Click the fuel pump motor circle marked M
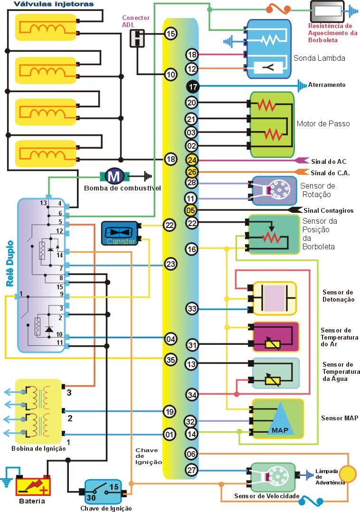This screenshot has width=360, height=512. click(x=114, y=176)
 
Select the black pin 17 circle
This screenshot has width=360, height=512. click(x=192, y=87)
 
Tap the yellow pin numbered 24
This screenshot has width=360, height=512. click(x=192, y=160)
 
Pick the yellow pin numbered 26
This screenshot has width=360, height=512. click(x=192, y=172)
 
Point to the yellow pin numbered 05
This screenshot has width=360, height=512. click(x=192, y=209)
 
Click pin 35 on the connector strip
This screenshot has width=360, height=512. click(x=171, y=359)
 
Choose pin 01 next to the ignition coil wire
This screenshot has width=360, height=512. click(x=170, y=434)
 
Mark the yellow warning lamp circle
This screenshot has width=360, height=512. click(x=348, y=474)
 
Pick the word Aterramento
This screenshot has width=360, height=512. click(x=327, y=85)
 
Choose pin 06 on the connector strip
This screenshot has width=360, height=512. click(x=192, y=454)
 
